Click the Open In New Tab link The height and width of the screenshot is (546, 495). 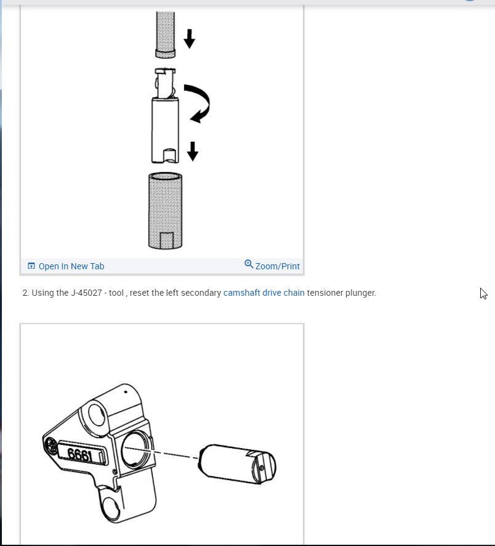71,266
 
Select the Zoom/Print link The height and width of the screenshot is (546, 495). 277,266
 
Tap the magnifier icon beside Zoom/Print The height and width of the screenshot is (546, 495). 249,264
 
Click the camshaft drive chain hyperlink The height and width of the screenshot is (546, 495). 264,293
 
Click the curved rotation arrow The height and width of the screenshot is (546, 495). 198,102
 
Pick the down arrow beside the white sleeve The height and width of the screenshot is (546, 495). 193,151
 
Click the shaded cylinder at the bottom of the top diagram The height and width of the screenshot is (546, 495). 165,210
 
